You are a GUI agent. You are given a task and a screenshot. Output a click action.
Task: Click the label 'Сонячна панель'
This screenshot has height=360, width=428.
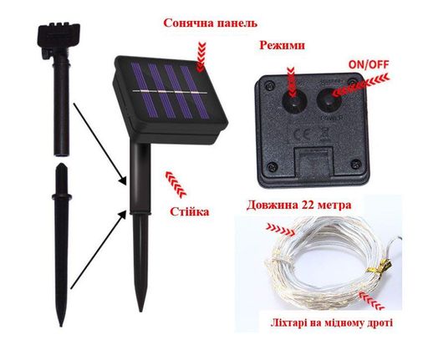tap(211, 23)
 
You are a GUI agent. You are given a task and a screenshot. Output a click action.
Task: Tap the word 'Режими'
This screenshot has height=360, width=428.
tap(282, 45)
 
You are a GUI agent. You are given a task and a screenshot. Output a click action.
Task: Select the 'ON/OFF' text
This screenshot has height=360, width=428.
tap(369, 64)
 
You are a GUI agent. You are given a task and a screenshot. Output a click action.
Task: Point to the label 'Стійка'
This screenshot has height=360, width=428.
tap(190, 211)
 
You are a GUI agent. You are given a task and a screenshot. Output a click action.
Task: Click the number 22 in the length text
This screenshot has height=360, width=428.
tap(306, 205)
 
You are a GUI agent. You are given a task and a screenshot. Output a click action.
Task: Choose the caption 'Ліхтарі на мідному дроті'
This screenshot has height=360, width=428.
tap(332, 323)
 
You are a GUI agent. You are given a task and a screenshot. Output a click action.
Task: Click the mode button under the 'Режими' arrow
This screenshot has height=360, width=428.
tap(294, 101)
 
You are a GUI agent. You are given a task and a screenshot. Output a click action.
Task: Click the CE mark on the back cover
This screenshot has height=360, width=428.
tap(302, 134)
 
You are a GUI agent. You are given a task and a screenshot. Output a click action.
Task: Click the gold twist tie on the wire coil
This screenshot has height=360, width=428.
tap(383, 266)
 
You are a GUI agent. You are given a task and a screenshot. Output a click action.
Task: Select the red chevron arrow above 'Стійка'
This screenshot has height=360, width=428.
tap(176, 185)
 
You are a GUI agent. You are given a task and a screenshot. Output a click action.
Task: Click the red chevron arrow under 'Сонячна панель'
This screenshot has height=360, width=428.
tap(201, 56)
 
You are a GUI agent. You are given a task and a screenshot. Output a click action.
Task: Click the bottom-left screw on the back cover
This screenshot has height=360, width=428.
tap(272, 167)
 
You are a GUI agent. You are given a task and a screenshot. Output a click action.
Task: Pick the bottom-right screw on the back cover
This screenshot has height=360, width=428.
tap(356, 165)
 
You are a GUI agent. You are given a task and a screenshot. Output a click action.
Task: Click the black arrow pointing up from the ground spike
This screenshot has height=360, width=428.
tap(98, 250)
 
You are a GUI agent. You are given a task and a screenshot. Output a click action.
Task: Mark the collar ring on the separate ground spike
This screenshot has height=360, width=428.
tap(62, 197)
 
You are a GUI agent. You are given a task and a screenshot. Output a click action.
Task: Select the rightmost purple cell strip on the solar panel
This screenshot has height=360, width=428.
tap(195, 92)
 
